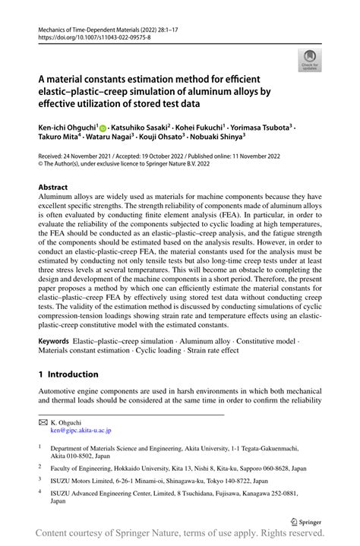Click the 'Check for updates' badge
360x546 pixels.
click(x=310, y=61)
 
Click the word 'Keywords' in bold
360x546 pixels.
click(x=53, y=342)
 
